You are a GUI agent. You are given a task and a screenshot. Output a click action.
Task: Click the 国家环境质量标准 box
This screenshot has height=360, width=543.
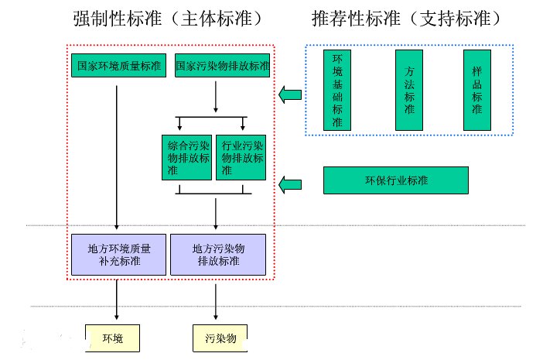click(x=119, y=65)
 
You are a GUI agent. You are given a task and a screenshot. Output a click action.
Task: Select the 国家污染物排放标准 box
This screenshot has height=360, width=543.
click(x=223, y=65)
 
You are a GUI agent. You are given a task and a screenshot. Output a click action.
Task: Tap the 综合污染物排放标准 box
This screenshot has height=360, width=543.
click(x=186, y=157)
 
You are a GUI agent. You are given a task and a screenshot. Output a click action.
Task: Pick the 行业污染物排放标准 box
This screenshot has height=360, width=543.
click(x=242, y=157)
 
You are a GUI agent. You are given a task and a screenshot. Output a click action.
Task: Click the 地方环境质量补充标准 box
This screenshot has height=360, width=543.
click(x=119, y=254)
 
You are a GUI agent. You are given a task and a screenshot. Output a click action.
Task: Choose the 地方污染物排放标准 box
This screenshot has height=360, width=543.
click(x=217, y=254)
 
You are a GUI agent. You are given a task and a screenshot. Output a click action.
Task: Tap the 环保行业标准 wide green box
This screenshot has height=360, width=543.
click(x=395, y=180)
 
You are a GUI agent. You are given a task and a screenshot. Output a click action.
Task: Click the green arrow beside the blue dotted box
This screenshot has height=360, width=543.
click(x=291, y=95)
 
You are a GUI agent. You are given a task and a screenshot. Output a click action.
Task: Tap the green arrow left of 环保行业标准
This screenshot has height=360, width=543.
click(x=291, y=183)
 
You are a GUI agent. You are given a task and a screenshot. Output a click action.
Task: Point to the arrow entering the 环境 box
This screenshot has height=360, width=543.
click(x=117, y=300)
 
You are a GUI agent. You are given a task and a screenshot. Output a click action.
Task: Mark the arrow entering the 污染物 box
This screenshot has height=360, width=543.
click(x=216, y=300)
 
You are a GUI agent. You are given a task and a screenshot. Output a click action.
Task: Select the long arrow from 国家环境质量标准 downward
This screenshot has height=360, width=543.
click(x=117, y=155)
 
